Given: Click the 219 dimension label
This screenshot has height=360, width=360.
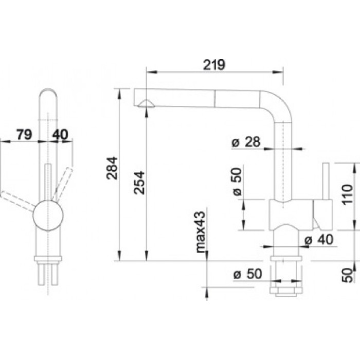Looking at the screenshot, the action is [214, 65].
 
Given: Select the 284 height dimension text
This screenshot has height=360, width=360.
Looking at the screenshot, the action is [112, 168].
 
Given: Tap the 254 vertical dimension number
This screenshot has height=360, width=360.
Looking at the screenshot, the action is [139, 183].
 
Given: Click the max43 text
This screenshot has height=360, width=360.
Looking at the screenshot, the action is [201, 232].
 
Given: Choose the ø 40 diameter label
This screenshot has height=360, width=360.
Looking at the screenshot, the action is [319, 240].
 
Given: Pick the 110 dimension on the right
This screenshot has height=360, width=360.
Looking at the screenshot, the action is [347, 194].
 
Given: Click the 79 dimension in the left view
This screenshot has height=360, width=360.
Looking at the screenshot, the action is [24, 135].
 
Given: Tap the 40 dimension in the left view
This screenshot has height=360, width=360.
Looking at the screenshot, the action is [60, 135].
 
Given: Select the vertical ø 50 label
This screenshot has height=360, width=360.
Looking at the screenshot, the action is [238, 182].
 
